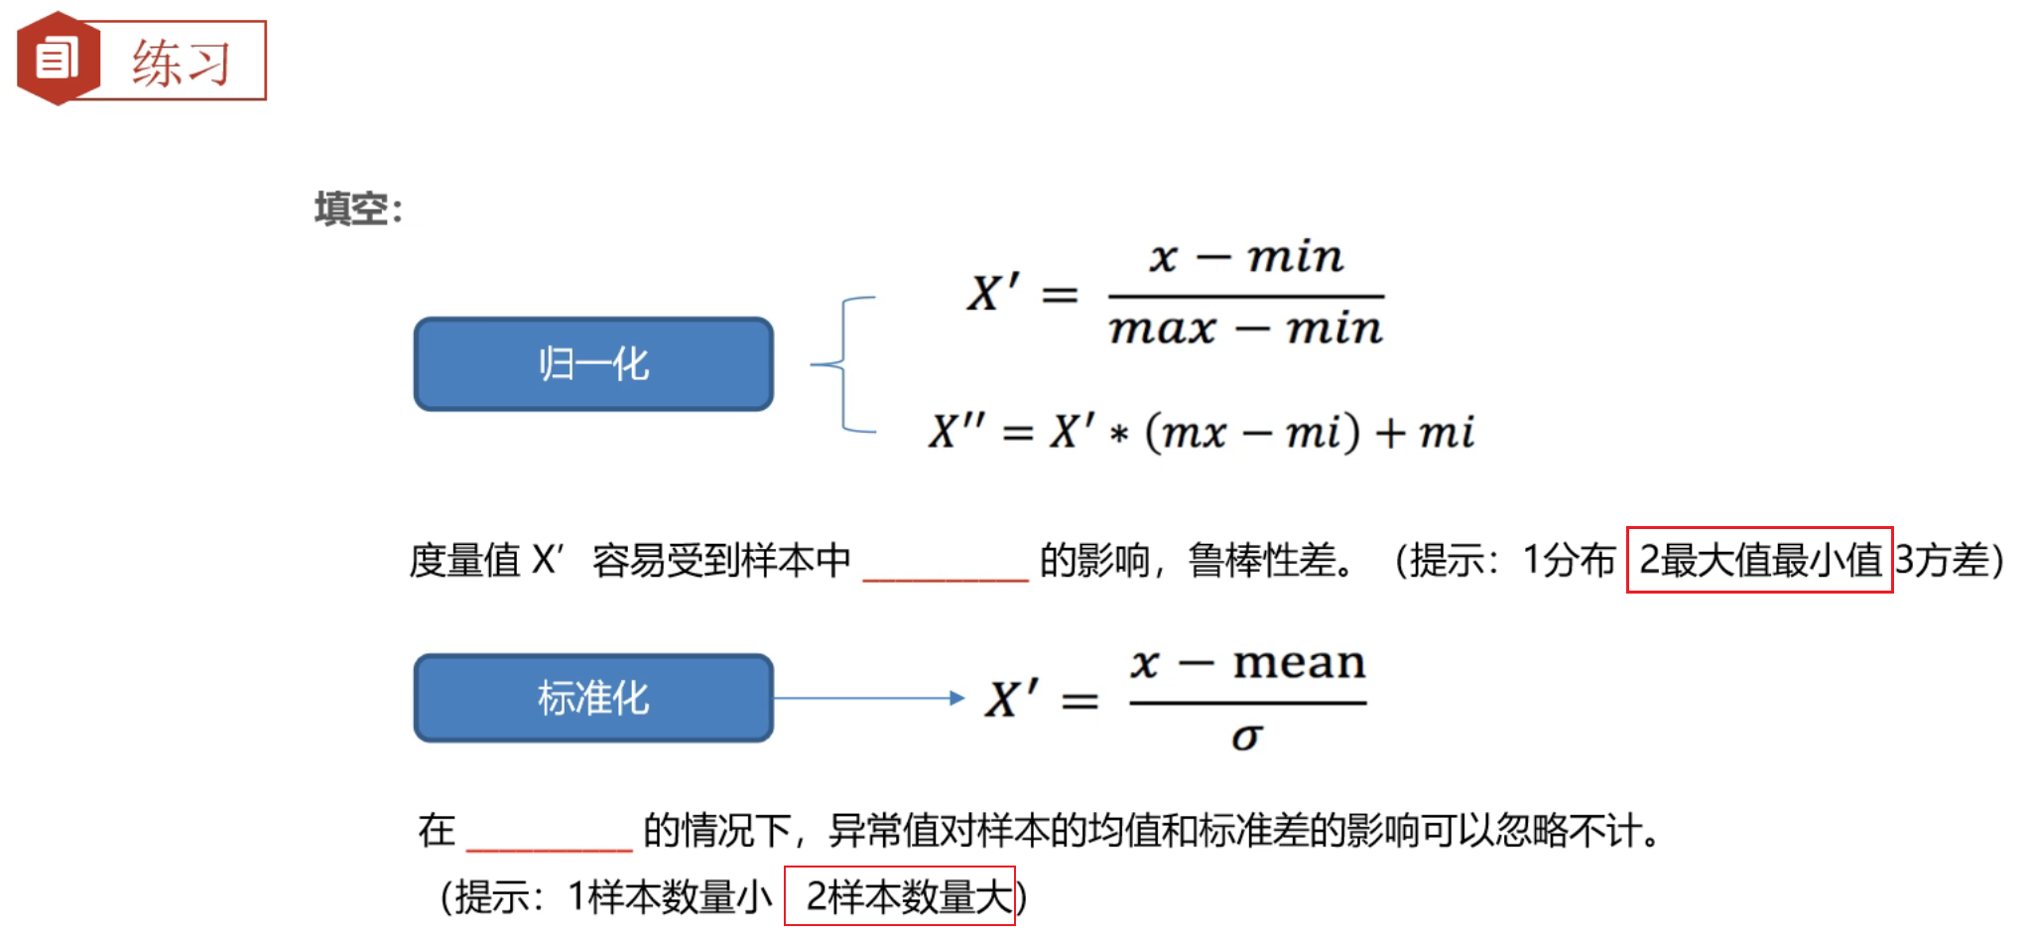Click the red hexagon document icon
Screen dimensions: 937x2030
(58, 59)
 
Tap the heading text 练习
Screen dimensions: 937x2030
(182, 63)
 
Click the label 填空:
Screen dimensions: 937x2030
(358, 209)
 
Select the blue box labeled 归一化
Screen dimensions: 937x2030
(593, 364)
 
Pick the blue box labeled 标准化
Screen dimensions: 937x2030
(593, 698)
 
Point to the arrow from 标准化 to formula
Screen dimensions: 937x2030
(868, 698)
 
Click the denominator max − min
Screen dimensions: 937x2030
(1245, 329)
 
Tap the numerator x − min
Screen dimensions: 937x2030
(1245, 258)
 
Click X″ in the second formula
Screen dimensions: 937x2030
(956, 433)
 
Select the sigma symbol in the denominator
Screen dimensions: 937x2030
(1246, 736)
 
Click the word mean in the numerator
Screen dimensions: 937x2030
(1299, 662)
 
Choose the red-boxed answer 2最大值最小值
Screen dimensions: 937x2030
(1759, 560)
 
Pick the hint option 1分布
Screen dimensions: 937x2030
(1569, 561)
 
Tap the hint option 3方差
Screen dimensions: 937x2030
(1942, 561)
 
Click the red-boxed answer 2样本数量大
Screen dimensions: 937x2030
(900, 896)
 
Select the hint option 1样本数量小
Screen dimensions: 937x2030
(670, 897)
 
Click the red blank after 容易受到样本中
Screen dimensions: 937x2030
(946, 566)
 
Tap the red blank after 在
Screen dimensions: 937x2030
(549, 837)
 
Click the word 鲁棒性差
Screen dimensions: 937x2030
(1262, 561)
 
